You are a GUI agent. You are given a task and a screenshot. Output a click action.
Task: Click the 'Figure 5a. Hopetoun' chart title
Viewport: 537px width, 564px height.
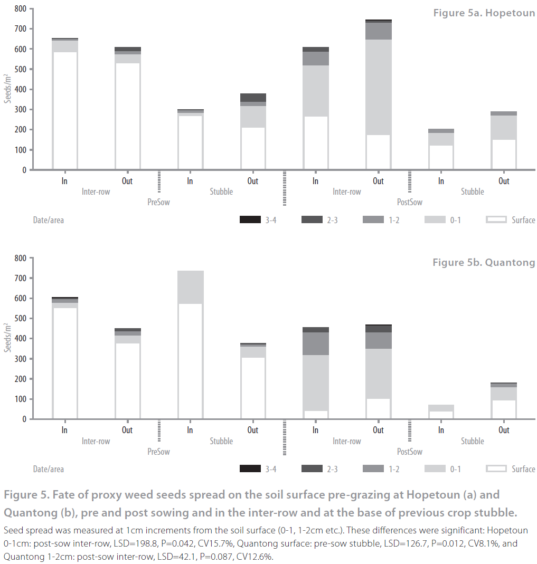484,13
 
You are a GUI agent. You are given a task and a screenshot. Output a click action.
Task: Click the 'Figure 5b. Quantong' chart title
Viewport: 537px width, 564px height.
484,262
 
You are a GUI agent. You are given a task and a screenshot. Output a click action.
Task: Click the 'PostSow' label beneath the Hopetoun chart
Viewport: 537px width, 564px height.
410,202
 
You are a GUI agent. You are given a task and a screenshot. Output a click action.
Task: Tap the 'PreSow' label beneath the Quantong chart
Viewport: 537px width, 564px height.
158,452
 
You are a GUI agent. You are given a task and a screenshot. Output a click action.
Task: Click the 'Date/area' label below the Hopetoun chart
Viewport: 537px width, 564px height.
49,220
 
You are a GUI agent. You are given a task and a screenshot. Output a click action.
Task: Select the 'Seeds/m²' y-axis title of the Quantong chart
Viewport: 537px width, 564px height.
7,337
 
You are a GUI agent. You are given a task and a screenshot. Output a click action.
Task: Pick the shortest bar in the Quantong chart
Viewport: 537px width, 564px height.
441,412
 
